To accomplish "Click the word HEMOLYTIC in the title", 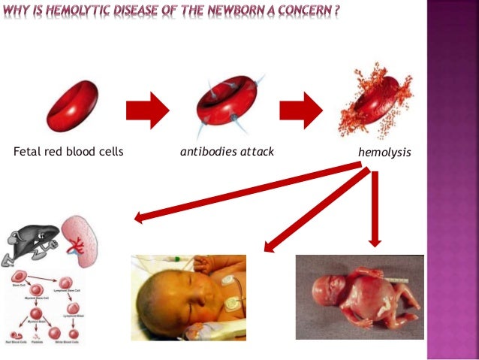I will tap(83, 11).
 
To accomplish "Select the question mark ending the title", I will tap(348, 11).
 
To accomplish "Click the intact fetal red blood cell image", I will tap(73, 107).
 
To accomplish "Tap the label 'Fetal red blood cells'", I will tap(68, 152).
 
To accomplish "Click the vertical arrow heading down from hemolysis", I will tap(375, 210).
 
